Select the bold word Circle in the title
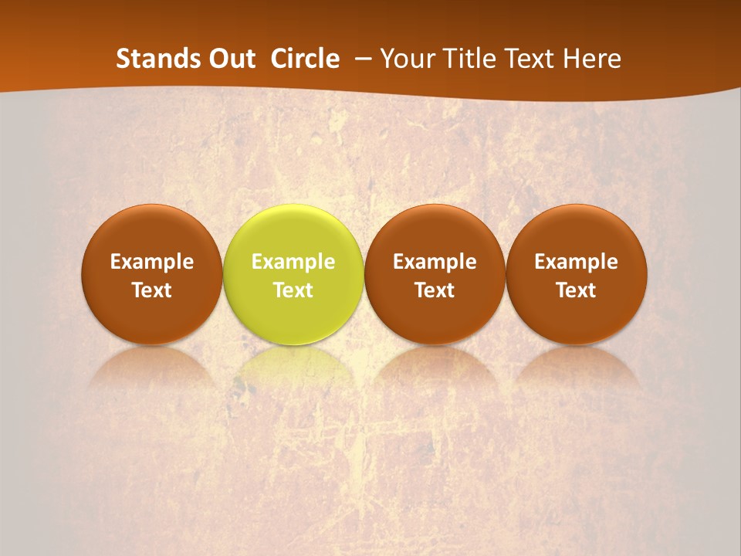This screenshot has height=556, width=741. coord(305,59)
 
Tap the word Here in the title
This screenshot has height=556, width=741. coord(592,59)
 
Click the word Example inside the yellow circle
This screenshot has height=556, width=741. coord(293,262)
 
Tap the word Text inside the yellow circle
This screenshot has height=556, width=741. coord(293,290)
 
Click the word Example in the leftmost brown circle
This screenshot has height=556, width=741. coord(152,262)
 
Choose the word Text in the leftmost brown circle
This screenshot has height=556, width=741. coord(152,290)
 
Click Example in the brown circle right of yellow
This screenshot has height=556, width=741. coord(435,262)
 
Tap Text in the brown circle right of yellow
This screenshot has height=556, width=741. coord(435,290)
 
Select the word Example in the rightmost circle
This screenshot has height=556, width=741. coord(577,262)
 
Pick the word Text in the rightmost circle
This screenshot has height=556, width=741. coord(577,290)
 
